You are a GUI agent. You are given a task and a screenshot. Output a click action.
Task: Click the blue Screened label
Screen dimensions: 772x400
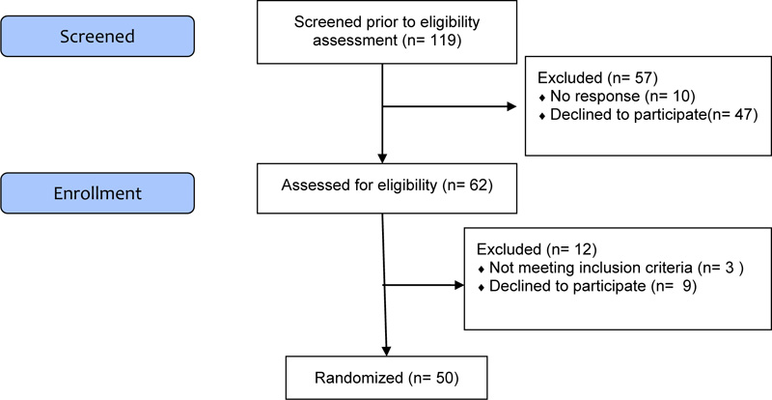(x=97, y=36)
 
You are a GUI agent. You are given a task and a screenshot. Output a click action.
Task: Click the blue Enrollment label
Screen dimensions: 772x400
(x=97, y=193)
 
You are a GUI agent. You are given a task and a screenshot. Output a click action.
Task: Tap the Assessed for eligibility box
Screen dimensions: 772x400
(x=387, y=188)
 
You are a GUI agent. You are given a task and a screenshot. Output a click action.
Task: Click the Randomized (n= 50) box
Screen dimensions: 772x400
(x=387, y=378)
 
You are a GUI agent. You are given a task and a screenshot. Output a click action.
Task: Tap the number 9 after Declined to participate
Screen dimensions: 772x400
(x=688, y=286)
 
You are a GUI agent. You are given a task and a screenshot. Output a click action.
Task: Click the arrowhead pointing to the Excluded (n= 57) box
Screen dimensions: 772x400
(x=511, y=106)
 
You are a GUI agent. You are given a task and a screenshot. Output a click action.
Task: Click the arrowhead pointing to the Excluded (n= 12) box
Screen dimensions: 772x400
(x=459, y=285)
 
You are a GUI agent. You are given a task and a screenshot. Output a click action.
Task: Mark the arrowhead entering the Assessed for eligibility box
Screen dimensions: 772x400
(x=382, y=158)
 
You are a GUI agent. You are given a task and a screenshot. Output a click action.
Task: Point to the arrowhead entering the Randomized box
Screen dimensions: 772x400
(x=386, y=351)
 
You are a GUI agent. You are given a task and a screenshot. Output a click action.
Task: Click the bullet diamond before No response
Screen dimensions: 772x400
(x=542, y=98)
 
